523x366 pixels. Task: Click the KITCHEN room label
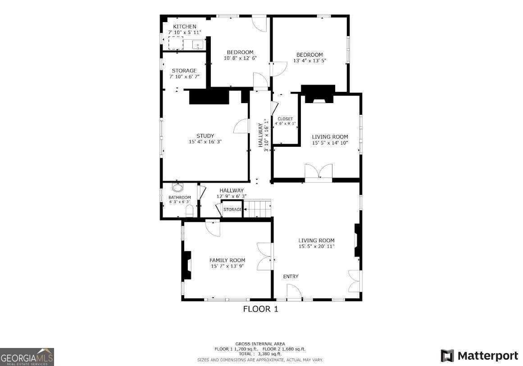click(x=185, y=27)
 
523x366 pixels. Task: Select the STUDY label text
click(x=205, y=136)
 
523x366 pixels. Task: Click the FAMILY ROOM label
click(x=227, y=260)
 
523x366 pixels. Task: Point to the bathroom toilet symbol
click(x=189, y=211)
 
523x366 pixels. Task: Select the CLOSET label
click(x=285, y=119)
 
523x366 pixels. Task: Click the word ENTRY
click(x=291, y=276)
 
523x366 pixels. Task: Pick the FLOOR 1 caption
click(x=261, y=309)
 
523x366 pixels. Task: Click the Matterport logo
click(x=479, y=356)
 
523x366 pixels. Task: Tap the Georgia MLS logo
click(x=27, y=357)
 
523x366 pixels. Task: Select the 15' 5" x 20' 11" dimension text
click(x=316, y=247)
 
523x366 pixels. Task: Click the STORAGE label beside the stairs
click(x=233, y=210)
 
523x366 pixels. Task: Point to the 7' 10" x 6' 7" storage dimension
click(x=184, y=77)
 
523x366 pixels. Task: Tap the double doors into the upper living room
click(x=318, y=173)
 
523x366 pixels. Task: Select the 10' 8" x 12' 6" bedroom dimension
click(x=240, y=58)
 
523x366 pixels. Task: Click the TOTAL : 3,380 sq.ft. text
click(x=260, y=354)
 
